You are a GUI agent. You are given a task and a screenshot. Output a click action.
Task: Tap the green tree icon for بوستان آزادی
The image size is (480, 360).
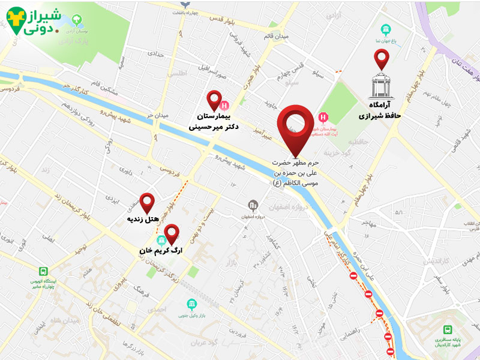pos(76,20)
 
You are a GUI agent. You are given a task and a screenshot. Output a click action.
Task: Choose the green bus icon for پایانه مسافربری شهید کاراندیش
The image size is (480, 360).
pos(448,329)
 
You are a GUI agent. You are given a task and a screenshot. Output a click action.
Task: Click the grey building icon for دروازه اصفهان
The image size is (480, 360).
pos(254,206)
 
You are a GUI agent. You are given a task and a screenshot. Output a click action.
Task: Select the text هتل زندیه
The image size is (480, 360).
pos(143,220)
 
